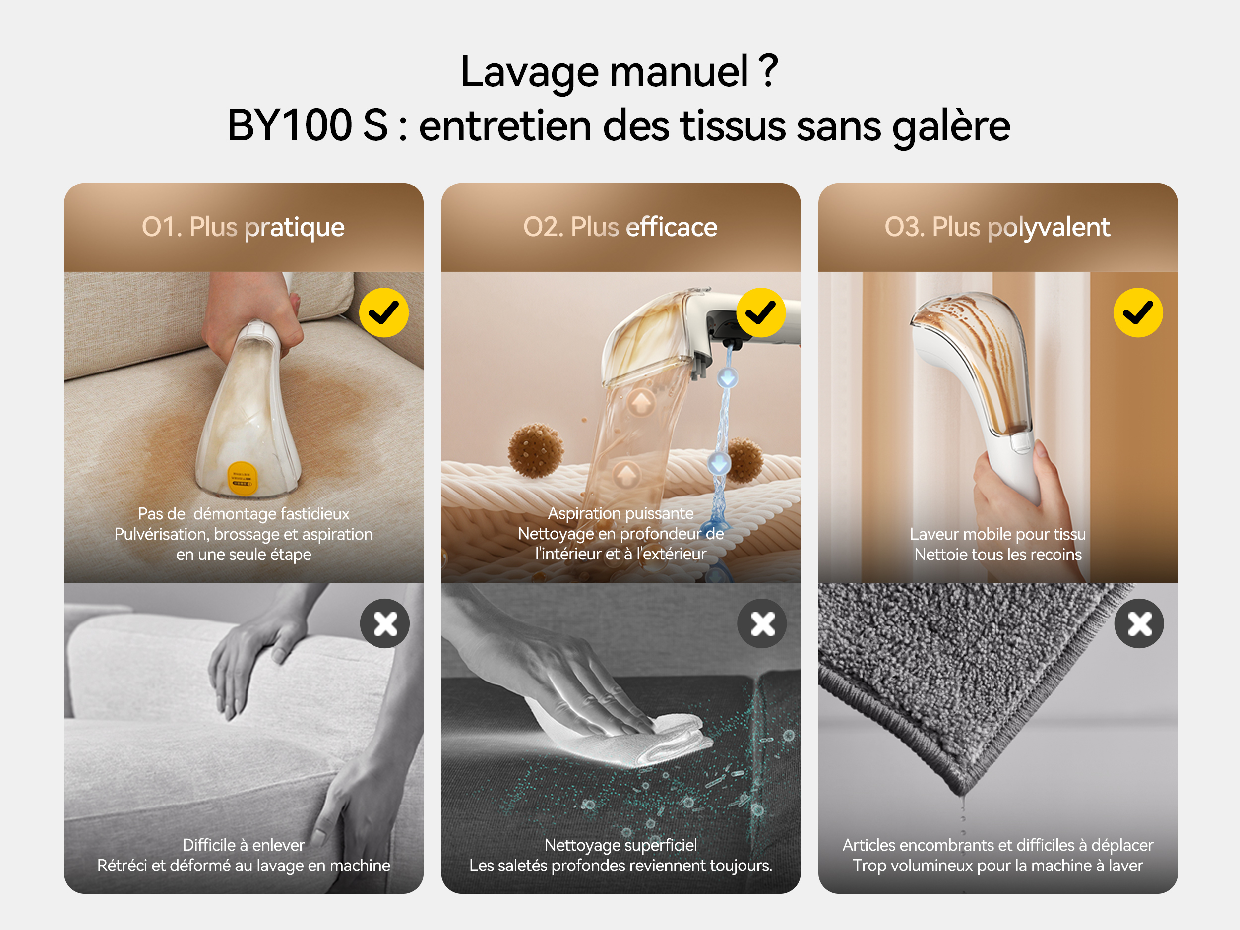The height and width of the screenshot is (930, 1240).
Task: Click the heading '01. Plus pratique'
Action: (244, 227)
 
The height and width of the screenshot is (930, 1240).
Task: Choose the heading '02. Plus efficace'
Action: (620, 227)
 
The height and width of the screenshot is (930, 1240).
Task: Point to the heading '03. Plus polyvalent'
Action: (997, 227)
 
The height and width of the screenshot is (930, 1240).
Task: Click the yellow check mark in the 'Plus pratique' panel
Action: (384, 313)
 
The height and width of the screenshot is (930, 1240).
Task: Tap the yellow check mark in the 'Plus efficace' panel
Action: (761, 313)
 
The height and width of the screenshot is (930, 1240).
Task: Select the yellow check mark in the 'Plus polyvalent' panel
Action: (1138, 313)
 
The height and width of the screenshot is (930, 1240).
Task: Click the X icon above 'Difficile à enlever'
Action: (384, 623)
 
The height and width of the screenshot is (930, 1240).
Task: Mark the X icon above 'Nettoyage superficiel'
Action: (762, 623)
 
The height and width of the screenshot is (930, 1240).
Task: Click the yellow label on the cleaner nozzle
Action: (243, 478)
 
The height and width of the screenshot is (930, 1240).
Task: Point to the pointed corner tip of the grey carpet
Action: (963, 796)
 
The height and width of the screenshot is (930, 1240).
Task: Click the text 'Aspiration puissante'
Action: (620, 513)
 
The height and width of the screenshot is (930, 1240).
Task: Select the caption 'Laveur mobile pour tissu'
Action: (998, 534)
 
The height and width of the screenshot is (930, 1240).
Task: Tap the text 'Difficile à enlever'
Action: (244, 845)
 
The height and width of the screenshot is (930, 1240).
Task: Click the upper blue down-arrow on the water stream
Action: (728, 378)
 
